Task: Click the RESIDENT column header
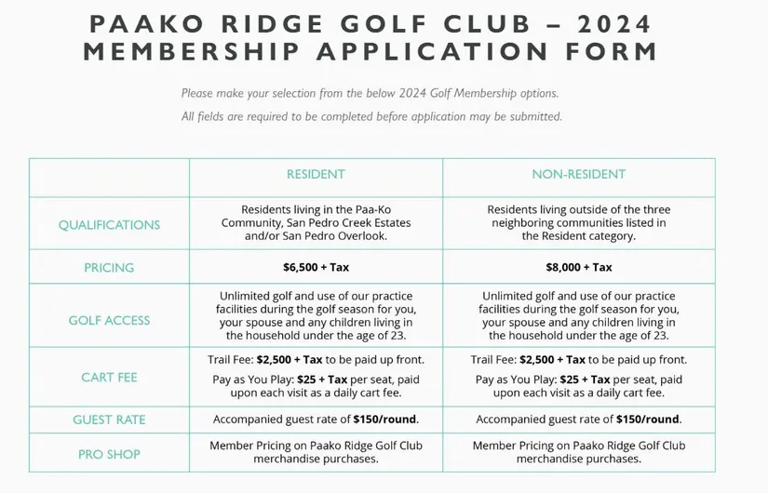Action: click(x=316, y=175)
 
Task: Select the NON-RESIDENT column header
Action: click(x=578, y=175)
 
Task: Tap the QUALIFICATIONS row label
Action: click(x=109, y=224)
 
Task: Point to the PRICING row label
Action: click(x=109, y=268)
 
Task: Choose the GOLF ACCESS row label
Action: click(x=109, y=321)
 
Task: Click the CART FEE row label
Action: click(x=109, y=378)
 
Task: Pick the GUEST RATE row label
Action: click(x=109, y=420)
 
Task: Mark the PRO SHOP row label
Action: click(x=109, y=454)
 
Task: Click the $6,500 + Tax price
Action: click(x=316, y=268)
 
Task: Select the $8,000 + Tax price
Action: click(x=578, y=268)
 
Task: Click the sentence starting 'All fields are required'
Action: click(x=371, y=117)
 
